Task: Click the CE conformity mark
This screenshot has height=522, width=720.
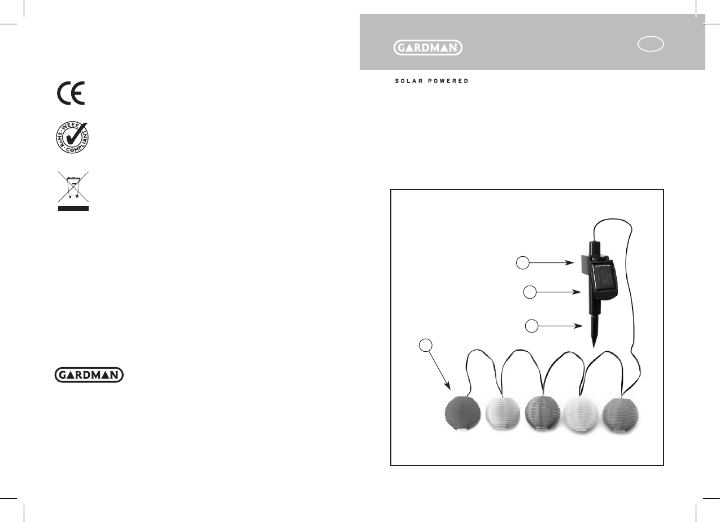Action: click(71, 93)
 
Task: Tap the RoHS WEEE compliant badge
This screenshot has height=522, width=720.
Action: click(72, 137)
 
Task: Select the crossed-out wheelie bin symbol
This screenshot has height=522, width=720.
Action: click(73, 187)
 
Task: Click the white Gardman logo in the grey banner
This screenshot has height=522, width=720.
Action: click(428, 48)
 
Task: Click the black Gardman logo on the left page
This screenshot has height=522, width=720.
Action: click(89, 375)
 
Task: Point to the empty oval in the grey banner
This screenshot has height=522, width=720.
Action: click(651, 44)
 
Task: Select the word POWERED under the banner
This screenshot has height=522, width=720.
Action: click(448, 81)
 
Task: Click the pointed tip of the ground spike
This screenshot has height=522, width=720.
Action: click(594, 347)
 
